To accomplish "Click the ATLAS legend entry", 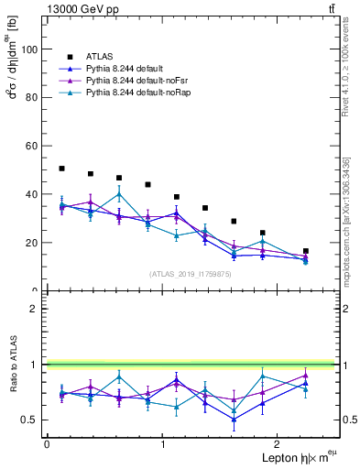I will (x=102, y=58).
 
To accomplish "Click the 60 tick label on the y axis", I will (x=32, y=146).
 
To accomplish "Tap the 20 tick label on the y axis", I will (x=32, y=243).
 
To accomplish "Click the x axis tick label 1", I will (x=163, y=444).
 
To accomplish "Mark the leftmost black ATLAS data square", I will (x=61, y=169).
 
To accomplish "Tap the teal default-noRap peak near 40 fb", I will (x=119, y=194).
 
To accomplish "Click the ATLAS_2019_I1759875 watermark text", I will (x=191, y=274).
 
